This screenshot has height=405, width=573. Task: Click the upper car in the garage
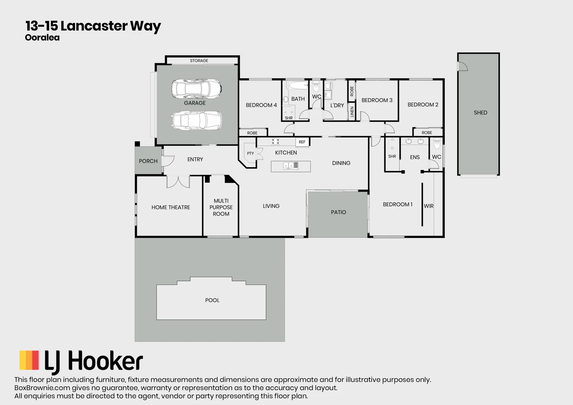(x=196, y=88)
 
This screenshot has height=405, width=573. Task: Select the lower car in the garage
(x=197, y=120)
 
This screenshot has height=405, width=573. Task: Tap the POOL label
(x=212, y=300)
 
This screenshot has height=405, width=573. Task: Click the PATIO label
(x=338, y=212)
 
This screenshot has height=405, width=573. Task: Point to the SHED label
(x=480, y=112)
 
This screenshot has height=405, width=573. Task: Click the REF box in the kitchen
(x=302, y=142)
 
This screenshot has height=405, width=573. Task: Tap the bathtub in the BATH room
(x=298, y=85)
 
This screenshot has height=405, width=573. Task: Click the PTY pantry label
(x=250, y=153)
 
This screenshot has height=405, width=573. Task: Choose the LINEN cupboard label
(x=352, y=112)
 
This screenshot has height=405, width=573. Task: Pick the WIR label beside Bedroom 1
(x=429, y=206)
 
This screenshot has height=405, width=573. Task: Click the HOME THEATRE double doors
(x=178, y=181)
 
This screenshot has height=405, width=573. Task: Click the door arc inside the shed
(x=463, y=66)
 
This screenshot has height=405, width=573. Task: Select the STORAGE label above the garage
(x=199, y=61)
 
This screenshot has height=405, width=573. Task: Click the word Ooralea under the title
(x=42, y=37)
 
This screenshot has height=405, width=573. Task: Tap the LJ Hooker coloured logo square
(x=29, y=360)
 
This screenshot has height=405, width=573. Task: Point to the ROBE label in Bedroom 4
(x=252, y=133)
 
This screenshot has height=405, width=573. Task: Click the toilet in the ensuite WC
(x=437, y=144)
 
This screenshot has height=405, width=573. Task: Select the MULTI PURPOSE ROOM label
(x=221, y=207)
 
